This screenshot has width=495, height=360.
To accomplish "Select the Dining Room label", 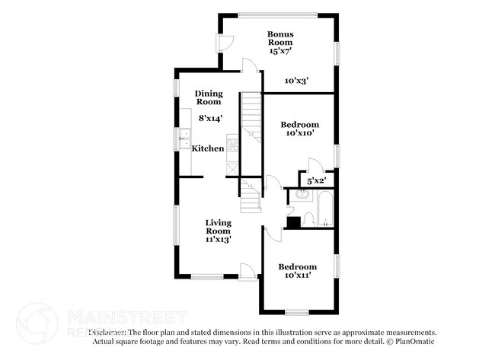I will (x=209, y=97).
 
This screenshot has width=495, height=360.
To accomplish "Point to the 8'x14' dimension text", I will (x=210, y=118).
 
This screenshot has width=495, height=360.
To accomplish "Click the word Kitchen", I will (x=207, y=148).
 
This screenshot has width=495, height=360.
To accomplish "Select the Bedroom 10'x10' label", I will (x=299, y=129).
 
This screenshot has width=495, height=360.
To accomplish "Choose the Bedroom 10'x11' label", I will (x=296, y=272).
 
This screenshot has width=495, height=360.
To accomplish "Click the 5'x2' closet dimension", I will (x=316, y=181).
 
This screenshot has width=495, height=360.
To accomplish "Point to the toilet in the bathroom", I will (x=308, y=218).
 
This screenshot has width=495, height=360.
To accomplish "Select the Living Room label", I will (x=218, y=231).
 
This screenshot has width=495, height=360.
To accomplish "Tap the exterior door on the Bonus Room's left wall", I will (x=222, y=43).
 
